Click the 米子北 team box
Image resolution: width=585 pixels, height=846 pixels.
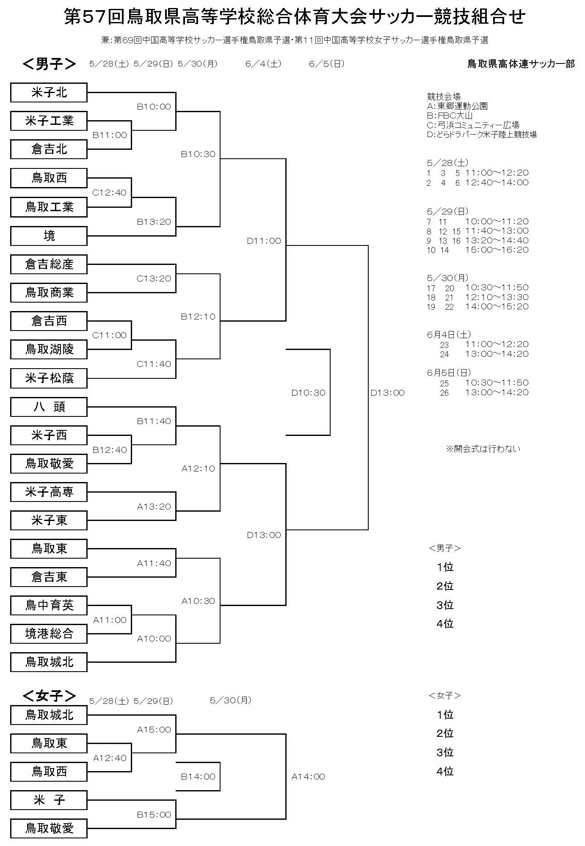click(49, 93)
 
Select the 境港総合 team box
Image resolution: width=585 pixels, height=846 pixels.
click(49, 634)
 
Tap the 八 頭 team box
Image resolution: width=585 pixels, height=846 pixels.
click(49, 407)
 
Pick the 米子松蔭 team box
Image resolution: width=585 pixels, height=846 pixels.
click(49, 378)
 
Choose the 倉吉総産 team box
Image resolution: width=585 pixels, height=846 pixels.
click(49, 265)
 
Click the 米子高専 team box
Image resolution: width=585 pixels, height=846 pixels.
click(49, 492)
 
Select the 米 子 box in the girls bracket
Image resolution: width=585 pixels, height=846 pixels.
click(49, 800)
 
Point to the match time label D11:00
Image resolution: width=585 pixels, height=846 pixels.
click(264, 241)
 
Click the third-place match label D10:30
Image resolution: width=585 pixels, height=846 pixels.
click(308, 393)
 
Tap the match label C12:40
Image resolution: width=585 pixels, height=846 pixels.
click(110, 193)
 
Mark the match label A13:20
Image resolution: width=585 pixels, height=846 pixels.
click(154, 507)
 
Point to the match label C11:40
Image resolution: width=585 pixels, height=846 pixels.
click(154, 364)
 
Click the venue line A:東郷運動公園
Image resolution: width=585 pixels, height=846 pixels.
click(457, 106)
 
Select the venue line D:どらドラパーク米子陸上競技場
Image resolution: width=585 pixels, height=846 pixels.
click(482, 135)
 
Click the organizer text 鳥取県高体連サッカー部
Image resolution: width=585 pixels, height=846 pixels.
click(521, 64)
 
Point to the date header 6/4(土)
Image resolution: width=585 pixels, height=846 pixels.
click(263, 64)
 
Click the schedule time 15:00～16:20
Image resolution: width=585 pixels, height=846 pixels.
click(497, 250)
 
